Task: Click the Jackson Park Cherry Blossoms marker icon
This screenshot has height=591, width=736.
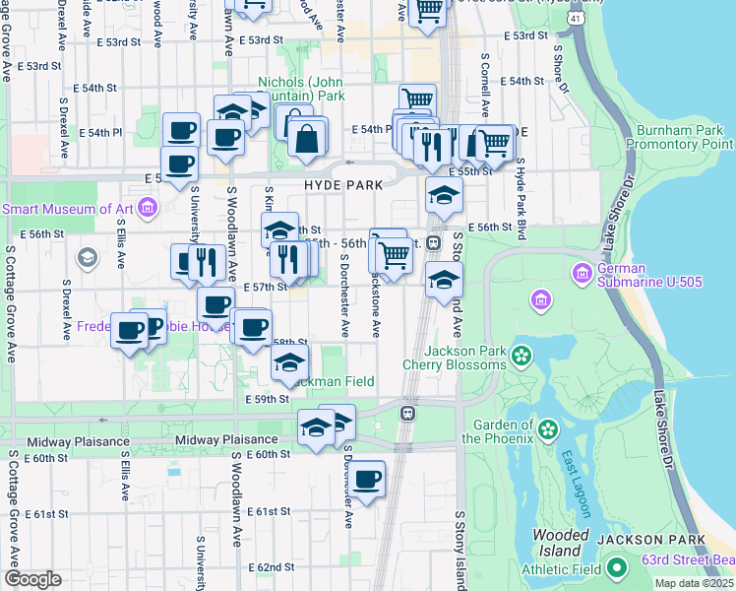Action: pyautogui.click(x=522, y=355)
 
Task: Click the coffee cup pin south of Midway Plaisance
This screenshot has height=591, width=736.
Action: pyautogui.click(x=367, y=480)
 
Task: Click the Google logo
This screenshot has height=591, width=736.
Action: pyautogui.click(x=32, y=579)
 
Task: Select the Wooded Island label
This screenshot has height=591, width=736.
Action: pyautogui.click(x=559, y=541)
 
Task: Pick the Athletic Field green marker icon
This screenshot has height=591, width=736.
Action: pyautogui.click(x=617, y=567)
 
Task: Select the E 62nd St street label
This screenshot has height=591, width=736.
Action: pyautogui.click(x=271, y=567)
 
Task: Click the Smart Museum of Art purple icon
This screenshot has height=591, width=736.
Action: pyautogui.click(x=149, y=208)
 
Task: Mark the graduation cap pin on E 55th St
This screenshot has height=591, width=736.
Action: pyautogui.click(x=444, y=194)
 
